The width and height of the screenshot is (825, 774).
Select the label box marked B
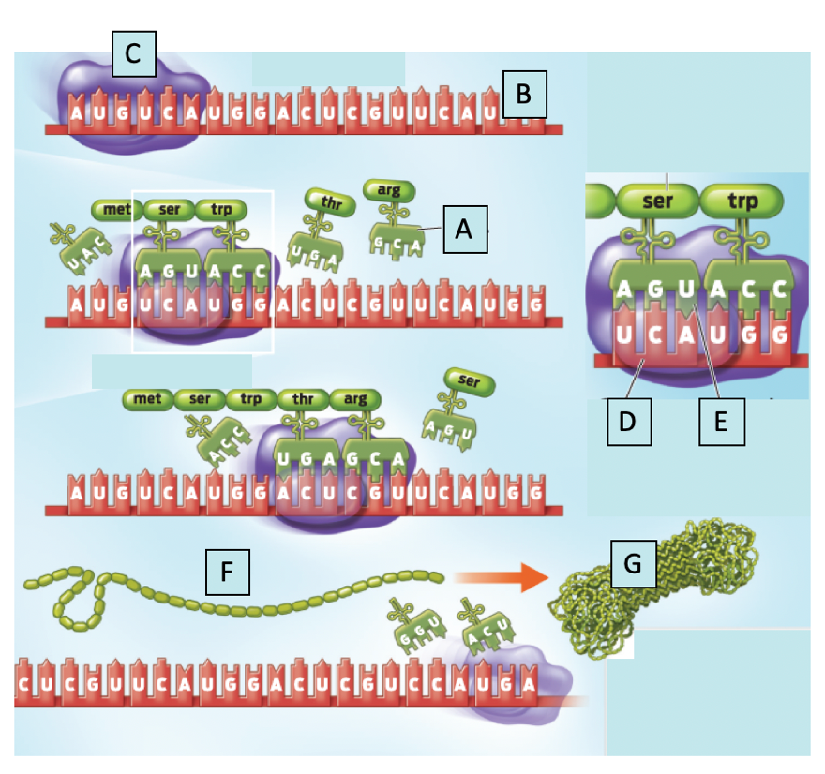click(524, 94)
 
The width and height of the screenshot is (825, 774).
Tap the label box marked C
click(133, 54)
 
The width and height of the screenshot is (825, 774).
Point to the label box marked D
click(627, 422)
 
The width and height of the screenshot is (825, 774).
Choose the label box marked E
click(721, 422)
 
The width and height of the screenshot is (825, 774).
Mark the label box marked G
click(634, 564)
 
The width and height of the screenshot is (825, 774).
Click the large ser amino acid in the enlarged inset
click(658, 201)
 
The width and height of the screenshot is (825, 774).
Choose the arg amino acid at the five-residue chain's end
click(354, 398)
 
